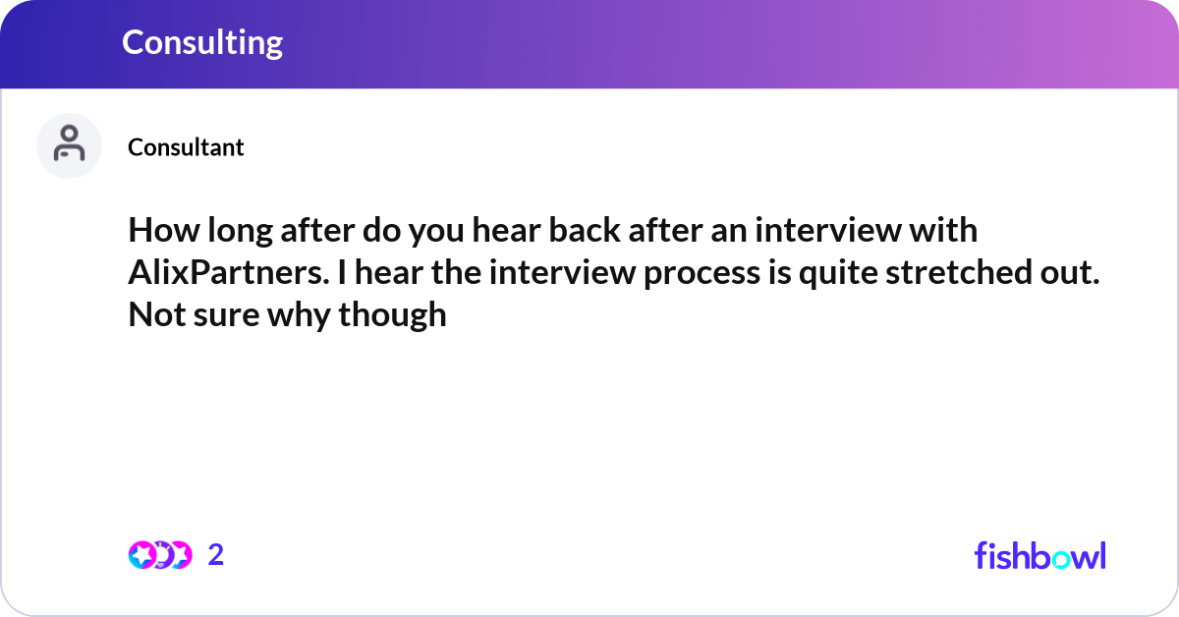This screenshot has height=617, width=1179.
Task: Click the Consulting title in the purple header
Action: pyautogui.click(x=202, y=43)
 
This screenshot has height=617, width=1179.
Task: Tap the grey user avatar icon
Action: pyautogui.click(x=69, y=145)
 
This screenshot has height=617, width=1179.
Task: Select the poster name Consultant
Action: pyautogui.click(x=186, y=147)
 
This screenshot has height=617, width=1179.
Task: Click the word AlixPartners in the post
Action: pyautogui.click(x=229, y=272)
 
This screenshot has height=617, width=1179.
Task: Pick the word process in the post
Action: pyautogui.click(x=702, y=274)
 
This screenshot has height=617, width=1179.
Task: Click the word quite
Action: pyautogui.click(x=838, y=274)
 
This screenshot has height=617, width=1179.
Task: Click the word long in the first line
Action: pyautogui.click(x=240, y=232)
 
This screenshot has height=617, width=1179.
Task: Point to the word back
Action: pyautogui.click(x=585, y=230)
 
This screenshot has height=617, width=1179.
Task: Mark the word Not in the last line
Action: pyautogui.click(x=157, y=314)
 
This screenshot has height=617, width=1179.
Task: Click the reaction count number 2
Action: pyautogui.click(x=216, y=554)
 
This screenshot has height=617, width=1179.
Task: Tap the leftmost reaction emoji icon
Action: pyautogui.click(x=142, y=555)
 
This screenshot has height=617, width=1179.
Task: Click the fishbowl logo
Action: pyautogui.click(x=1040, y=555)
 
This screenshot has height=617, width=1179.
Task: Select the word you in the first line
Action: pyautogui.click(x=436, y=232)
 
